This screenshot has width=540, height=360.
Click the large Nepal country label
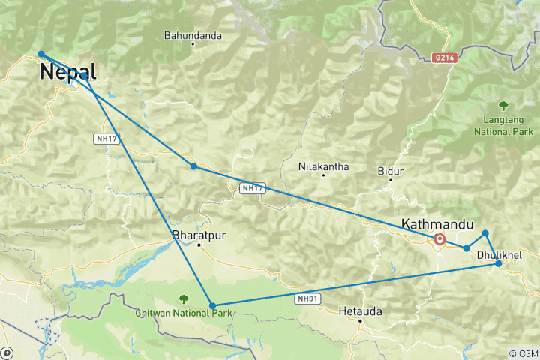click(67, 72)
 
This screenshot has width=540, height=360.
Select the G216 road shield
click(443, 56)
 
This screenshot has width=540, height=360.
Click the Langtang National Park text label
click(503, 124)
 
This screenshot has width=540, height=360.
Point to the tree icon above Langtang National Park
click(503, 106)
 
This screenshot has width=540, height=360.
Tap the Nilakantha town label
click(323, 166)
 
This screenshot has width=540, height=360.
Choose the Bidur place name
click(391, 172)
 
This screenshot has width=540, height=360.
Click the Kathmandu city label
click(438, 223)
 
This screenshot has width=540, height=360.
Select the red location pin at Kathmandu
click(439, 239)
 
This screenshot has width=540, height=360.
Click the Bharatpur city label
click(199, 235)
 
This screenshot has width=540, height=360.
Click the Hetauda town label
click(360, 310)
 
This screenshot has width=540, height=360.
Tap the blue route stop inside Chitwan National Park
click(213, 306)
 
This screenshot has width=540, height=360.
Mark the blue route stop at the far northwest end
click(41, 54)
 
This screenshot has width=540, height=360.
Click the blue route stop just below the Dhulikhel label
click(499, 263)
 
